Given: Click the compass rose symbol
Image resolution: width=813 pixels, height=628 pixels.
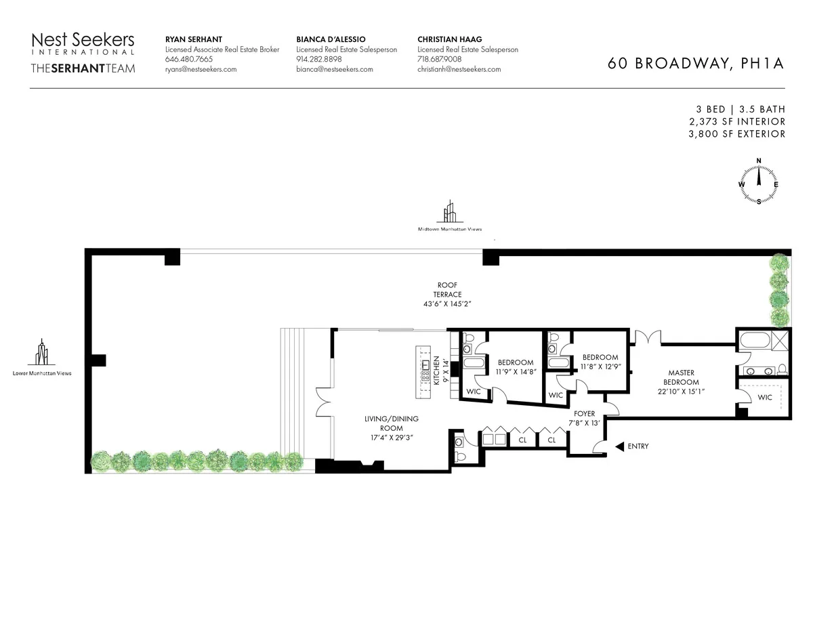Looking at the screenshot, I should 758,181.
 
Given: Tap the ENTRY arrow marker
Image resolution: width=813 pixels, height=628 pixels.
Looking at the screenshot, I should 619,446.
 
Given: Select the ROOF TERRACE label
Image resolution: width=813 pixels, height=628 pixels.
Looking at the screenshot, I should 449,293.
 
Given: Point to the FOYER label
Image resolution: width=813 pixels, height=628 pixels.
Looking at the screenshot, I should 584,418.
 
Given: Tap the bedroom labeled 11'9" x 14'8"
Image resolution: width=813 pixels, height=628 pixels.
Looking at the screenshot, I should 516,367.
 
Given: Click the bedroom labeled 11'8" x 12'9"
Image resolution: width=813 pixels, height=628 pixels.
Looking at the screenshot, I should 600,362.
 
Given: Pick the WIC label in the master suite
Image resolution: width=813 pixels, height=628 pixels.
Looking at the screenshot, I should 764,397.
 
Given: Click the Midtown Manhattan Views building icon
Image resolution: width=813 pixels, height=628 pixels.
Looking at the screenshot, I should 449,211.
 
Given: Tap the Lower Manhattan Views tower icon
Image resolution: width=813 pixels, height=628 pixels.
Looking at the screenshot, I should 42,352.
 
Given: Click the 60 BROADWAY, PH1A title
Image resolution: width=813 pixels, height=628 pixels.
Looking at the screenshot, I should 695,64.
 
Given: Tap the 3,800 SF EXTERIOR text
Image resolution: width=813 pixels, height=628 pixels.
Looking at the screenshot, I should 735,133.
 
